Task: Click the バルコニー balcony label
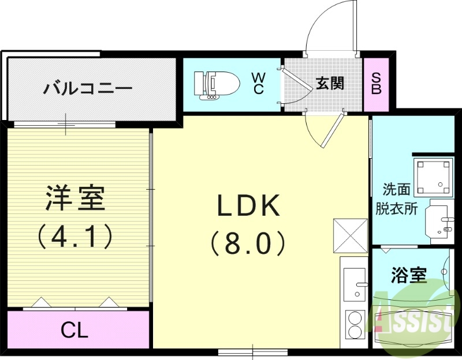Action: pyautogui.click(x=88, y=88)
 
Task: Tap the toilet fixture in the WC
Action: pyautogui.click(x=217, y=84)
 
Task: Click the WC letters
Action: pyautogui.click(x=258, y=84)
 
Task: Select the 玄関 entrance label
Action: pyautogui.click(x=330, y=83)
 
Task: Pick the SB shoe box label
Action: pyautogui.click(x=376, y=84)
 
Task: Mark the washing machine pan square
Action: pyautogui.click(x=433, y=177)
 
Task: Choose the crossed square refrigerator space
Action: pyautogui.click(x=350, y=236)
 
